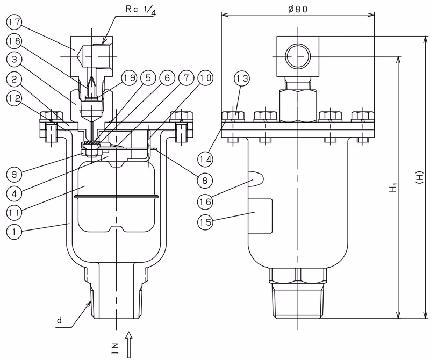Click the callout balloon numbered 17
(14, 23)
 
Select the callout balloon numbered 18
(14, 41)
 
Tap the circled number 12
(14, 99)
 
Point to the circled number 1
(14, 232)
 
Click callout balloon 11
(14, 212)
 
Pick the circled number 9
(14, 175)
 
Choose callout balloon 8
(205, 181)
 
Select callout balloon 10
(205, 78)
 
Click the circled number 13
(242, 78)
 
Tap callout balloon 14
(205, 159)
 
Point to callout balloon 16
(205, 202)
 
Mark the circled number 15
(205, 221)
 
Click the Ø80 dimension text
(298, 9)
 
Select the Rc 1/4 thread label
(141, 9)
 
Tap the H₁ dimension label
(393, 188)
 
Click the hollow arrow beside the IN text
(128, 345)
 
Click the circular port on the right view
(298, 56)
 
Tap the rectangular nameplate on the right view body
(260, 216)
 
